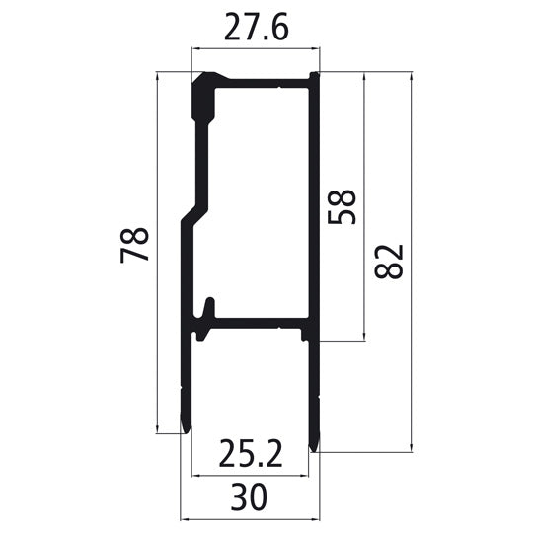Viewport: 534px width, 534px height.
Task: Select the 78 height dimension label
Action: [135, 244]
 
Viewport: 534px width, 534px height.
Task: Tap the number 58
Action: [342, 206]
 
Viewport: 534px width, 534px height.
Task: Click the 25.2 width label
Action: [249, 454]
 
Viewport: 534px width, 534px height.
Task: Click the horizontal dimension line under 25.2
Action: [249, 472]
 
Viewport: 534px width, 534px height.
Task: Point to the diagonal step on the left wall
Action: [192, 212]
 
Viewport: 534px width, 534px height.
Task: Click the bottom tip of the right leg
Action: [315, 445]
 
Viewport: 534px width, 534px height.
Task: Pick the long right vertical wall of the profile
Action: [313, 197]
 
